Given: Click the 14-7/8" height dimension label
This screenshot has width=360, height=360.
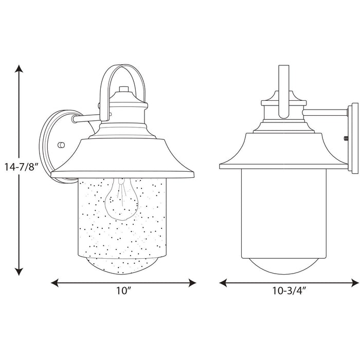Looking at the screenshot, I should coord(20,167).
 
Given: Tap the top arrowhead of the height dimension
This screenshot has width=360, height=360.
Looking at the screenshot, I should coord(20,68).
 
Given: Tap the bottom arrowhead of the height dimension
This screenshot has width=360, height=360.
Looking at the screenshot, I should coord(20,272).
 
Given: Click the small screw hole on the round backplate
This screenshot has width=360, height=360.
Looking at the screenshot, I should coord(62,146).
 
